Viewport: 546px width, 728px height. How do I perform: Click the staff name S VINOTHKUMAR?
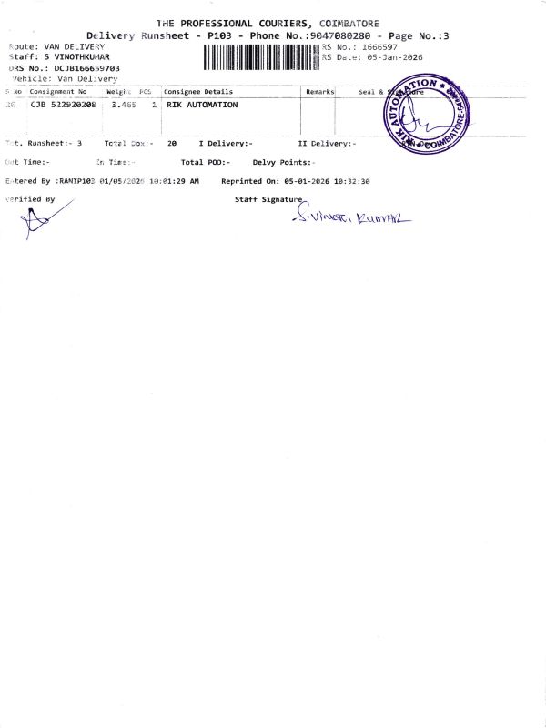(76, 56)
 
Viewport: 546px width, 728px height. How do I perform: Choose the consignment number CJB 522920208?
(63, 106)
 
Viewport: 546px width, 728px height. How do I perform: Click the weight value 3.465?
(123, 106)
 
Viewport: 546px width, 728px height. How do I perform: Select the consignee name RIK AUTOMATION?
(202, 106)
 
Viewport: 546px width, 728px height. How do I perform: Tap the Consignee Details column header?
(198, 92)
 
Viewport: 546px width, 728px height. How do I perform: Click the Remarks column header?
(320, 92)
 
